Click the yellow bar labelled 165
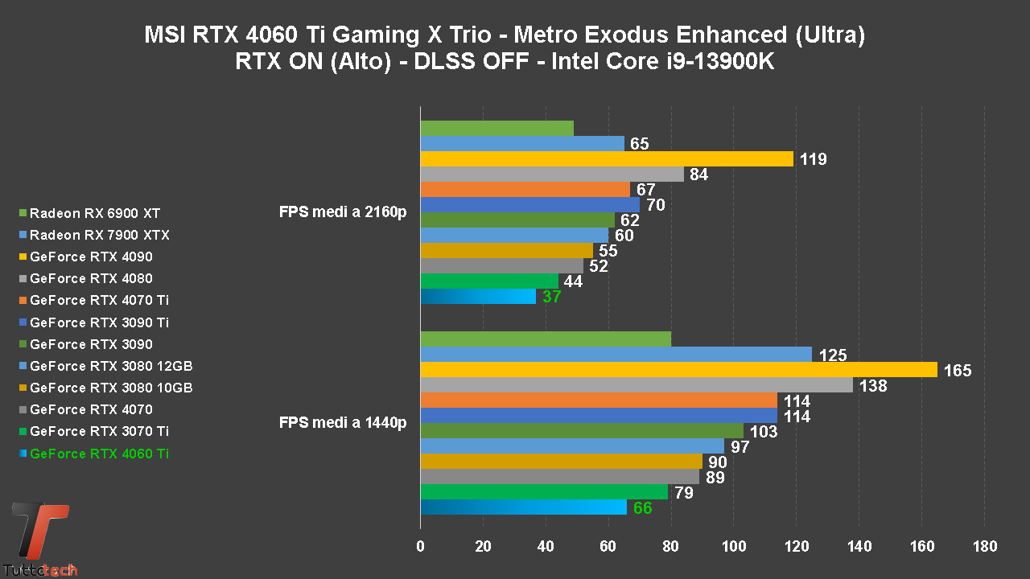[678, 370]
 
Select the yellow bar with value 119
[607, 159]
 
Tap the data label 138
[873, 386]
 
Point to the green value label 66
[642, 508]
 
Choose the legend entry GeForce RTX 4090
[91, 257]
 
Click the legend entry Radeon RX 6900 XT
[95, 214]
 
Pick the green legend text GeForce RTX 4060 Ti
[99, 454]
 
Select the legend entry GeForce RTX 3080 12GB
[111, 366]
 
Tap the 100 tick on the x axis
[733, 547]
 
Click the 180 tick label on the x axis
[984, 547]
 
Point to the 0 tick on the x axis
[420, 547]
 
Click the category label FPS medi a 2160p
[343, 212]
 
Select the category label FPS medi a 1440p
[343, 422]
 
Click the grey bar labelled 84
[552, 175]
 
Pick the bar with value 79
[544, 492]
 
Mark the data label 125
[832, 355]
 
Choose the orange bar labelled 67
[525, 190]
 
